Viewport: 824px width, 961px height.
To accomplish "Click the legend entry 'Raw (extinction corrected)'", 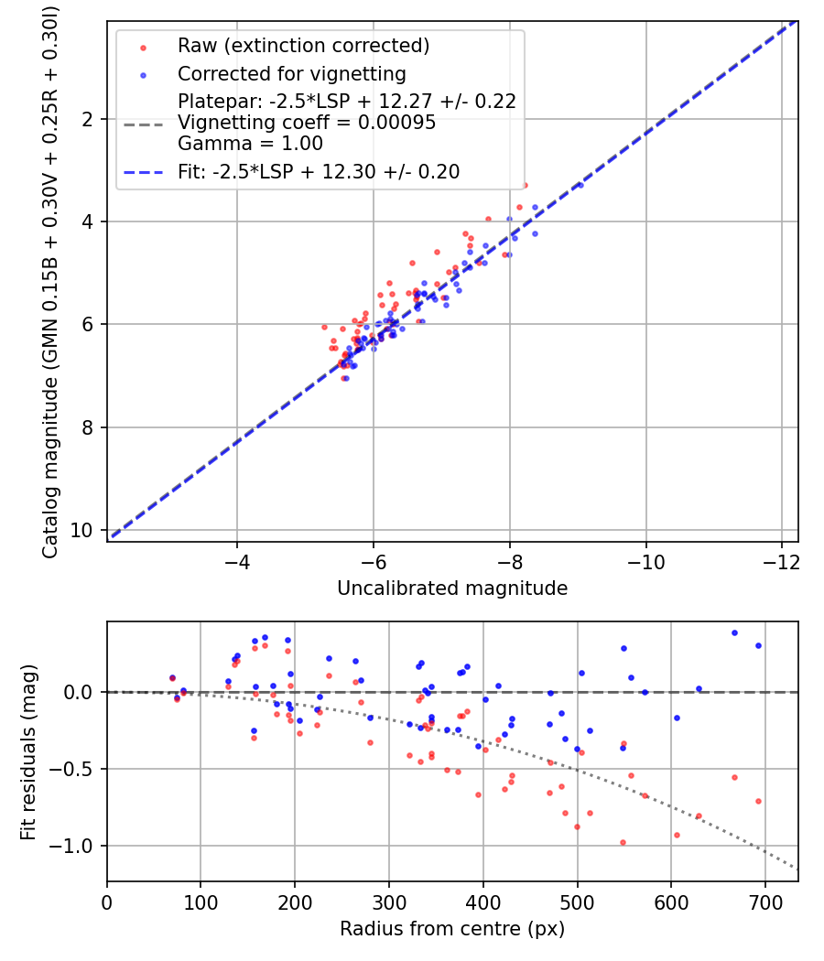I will pos(303,46).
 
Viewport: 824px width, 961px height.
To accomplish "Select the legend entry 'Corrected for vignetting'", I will pos(291,73).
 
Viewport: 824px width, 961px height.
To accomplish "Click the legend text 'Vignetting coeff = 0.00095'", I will pos(307,123).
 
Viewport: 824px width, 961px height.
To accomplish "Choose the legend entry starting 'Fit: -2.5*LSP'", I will pos(319,171).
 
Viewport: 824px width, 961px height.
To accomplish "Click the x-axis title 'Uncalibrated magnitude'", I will pos(452,588).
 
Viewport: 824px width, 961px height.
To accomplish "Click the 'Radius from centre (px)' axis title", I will pos(452,929).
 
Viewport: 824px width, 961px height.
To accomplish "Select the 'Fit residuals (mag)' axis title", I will pos(28,751).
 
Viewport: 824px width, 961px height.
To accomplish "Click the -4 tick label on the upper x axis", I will pos(237,559).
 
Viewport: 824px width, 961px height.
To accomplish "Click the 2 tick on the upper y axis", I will pos(88,120).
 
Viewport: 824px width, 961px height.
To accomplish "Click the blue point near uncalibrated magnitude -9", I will pos(579,185).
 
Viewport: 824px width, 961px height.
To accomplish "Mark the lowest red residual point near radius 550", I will pos(623,842).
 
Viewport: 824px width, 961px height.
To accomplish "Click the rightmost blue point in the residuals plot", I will pos(758,645).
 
